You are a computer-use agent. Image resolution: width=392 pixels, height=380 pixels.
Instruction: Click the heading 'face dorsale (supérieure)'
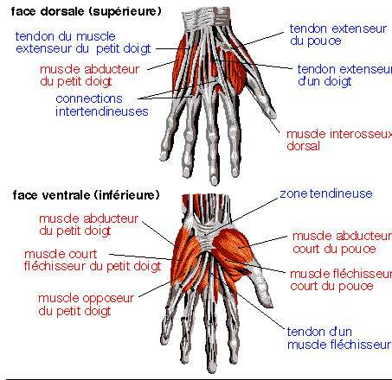coord(86,12)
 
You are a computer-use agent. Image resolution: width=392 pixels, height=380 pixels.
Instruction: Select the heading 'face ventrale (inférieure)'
coord(86,195)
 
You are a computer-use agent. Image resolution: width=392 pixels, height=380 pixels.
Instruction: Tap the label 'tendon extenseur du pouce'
coord(337,35)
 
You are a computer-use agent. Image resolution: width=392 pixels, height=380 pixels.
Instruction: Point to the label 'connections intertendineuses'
coord(102,105)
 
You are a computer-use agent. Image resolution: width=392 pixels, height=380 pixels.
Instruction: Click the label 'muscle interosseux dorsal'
coord(339,140)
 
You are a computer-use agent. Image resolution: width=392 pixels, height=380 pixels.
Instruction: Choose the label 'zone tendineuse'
coord(326,193)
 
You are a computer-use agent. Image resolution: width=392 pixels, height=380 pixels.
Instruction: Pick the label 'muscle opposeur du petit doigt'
coord(86,305)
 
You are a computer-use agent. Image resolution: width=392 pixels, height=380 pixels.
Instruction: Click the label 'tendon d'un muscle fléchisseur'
coord(339,339)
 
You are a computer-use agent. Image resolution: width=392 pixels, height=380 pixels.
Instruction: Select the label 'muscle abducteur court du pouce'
coord(342,243)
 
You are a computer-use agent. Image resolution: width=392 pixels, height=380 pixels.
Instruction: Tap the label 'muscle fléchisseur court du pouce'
coord(341,280)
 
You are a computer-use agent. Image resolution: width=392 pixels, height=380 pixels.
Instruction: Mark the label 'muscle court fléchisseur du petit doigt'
coord(93,260)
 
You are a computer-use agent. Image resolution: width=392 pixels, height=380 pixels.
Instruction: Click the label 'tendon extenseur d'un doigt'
coord(344,75)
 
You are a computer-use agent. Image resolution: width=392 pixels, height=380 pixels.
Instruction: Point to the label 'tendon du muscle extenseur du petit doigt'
coord(83,42)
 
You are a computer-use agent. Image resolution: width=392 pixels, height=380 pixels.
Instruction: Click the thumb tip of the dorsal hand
coord(273,116)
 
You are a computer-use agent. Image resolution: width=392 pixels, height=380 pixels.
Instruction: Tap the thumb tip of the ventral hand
coord(269,303)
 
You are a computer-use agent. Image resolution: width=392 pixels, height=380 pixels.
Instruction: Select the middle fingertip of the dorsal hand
coord(214,180)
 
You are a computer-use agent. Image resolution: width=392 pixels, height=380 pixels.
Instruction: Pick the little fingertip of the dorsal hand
coord(164,156)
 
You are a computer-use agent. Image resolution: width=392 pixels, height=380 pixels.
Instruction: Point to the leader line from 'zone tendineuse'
coord(241,217)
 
